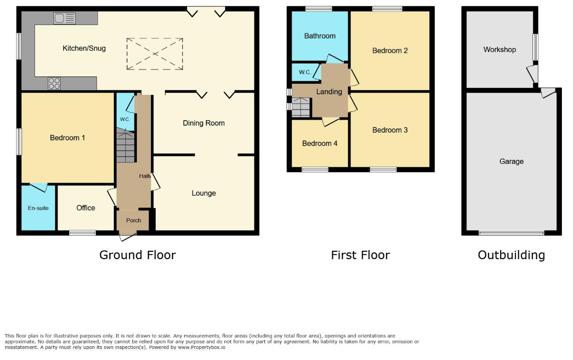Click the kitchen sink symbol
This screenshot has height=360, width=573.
64,18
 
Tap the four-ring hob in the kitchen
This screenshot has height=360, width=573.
54,83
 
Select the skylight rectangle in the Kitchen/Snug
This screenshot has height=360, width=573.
155,54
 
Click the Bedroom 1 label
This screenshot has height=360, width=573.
67,138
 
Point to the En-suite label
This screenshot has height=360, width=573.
38,208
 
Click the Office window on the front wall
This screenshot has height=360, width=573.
83,233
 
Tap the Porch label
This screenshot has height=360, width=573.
134,220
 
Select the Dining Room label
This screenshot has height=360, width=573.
204,123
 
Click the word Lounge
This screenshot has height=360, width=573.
204,193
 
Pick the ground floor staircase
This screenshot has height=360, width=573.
125,146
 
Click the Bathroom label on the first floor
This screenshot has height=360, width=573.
320,36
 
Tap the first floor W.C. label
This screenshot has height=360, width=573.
304,72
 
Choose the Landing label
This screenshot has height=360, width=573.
329,92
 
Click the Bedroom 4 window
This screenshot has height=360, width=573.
315,169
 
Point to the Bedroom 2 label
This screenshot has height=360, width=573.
390,51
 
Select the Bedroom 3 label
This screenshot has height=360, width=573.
390,130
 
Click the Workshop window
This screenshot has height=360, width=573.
535,47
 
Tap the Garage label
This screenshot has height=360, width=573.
511,161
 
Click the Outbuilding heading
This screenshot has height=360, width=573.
511,255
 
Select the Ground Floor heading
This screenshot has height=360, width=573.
138,255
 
